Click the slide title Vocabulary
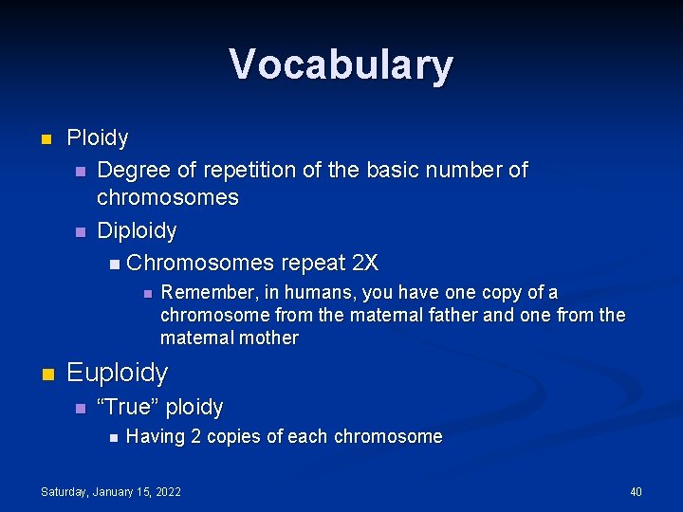341,65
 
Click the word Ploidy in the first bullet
98,138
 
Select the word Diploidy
137,230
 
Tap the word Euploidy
117,374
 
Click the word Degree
134,171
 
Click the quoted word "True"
129,408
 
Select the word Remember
202,293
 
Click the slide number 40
636,491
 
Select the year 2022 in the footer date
165,491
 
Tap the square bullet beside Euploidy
46,374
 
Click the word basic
419,171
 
